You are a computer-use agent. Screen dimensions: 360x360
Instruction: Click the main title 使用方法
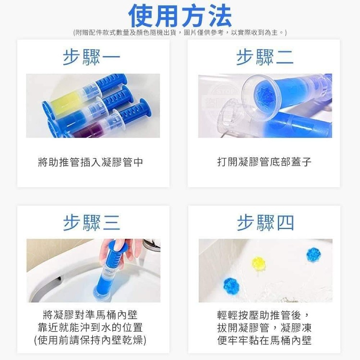180,16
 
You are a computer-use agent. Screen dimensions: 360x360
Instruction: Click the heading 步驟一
92,58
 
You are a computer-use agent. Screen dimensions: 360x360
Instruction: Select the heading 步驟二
264,58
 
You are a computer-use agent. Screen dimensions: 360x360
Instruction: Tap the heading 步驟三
92,223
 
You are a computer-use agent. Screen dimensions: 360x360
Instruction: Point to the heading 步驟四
265,223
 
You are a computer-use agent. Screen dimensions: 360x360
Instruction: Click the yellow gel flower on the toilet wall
259,264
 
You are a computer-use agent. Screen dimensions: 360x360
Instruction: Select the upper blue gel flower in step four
313,254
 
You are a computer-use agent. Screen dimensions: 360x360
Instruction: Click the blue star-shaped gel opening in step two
266,95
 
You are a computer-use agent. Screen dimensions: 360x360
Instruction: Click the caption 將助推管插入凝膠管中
90,162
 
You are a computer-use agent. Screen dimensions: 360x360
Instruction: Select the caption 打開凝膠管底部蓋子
264,162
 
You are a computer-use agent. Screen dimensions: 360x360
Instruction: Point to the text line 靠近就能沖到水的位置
90,327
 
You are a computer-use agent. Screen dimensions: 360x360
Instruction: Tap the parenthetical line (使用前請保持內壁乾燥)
90,340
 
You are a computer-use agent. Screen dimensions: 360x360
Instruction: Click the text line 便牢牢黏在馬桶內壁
264,340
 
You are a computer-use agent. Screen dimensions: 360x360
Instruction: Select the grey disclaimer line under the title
180,33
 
